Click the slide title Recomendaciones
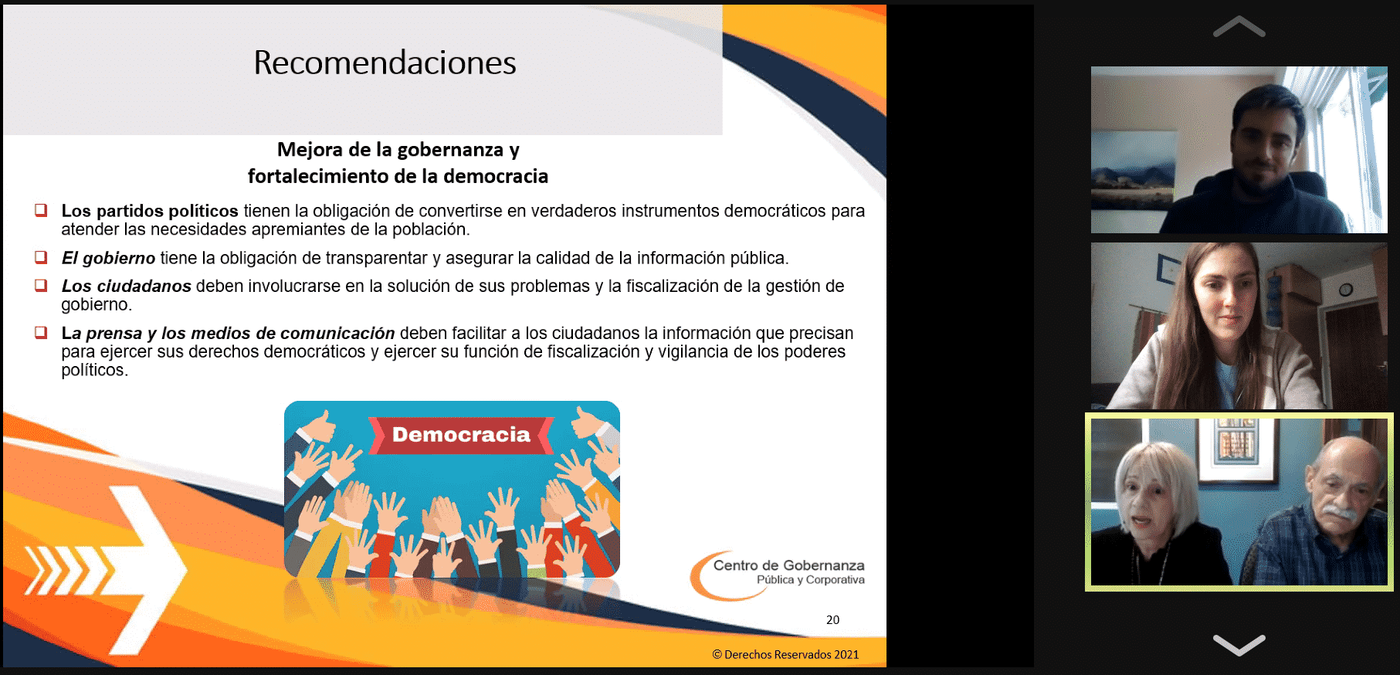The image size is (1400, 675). pyautogui.click(x=385, y=63)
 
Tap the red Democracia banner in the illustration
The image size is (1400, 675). pyautogui.click(x=461, y=435)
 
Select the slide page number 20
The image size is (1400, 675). pyautogui.click(x=832, y=619)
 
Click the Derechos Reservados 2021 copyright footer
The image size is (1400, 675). pyautogui.click(x=785, y=654)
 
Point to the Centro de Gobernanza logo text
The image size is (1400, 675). pyautogui.click(x=788, y=572)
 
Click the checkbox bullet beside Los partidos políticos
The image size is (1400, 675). pyautogui.click(x=41, y=210)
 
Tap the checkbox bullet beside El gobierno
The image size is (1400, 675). pyautogui.click(x=41, y=257)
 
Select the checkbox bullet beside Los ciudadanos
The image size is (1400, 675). pyautogui.click(x=41, y=285)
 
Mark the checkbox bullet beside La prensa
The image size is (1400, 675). pyautogui.click(x=41, y=332)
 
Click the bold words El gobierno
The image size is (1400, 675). pyautogui.click(x=108, y=258)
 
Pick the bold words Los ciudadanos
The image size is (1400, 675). pyautogui.click(x=127, y=286)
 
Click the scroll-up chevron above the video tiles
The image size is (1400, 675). pyautogui.click(x=1239, y=27)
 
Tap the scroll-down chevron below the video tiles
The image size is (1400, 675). pyautogui.click(x=1239, y=644)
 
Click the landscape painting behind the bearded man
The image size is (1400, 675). pyautogui.click(x=1133, y=169)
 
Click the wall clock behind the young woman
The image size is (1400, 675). pyautogui.click(x=1345, y=290)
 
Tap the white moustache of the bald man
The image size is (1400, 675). pyautogui.click(x=1340, y=512)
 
